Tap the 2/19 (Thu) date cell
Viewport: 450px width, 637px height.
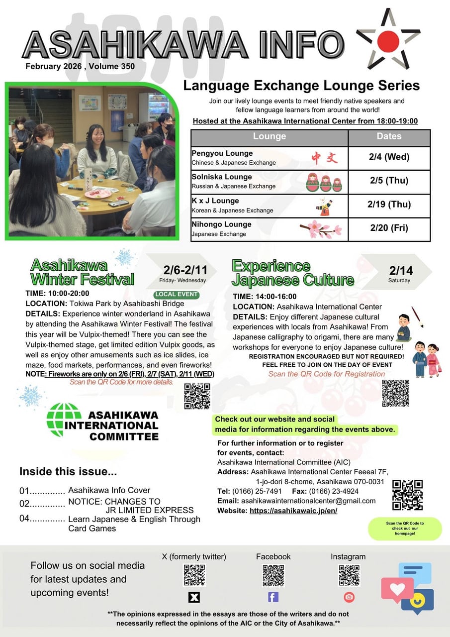(389, 205)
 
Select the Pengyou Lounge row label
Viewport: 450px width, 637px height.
(222, 153)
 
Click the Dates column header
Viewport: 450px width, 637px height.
(389, 136)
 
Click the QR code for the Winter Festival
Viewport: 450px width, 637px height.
(197, 396)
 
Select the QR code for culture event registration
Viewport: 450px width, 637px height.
(396, 393)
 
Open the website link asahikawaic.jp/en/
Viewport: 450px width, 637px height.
(293, 511)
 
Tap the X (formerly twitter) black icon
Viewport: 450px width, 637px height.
(194, 597)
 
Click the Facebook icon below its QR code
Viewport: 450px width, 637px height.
(273, 597)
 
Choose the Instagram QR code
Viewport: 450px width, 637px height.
(349, 576)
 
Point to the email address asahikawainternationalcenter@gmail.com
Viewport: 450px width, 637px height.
(308, 501)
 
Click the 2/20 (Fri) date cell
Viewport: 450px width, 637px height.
(389, 228)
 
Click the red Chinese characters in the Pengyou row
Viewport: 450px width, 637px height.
(324, 158)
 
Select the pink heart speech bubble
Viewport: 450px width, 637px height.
(396, 589)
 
